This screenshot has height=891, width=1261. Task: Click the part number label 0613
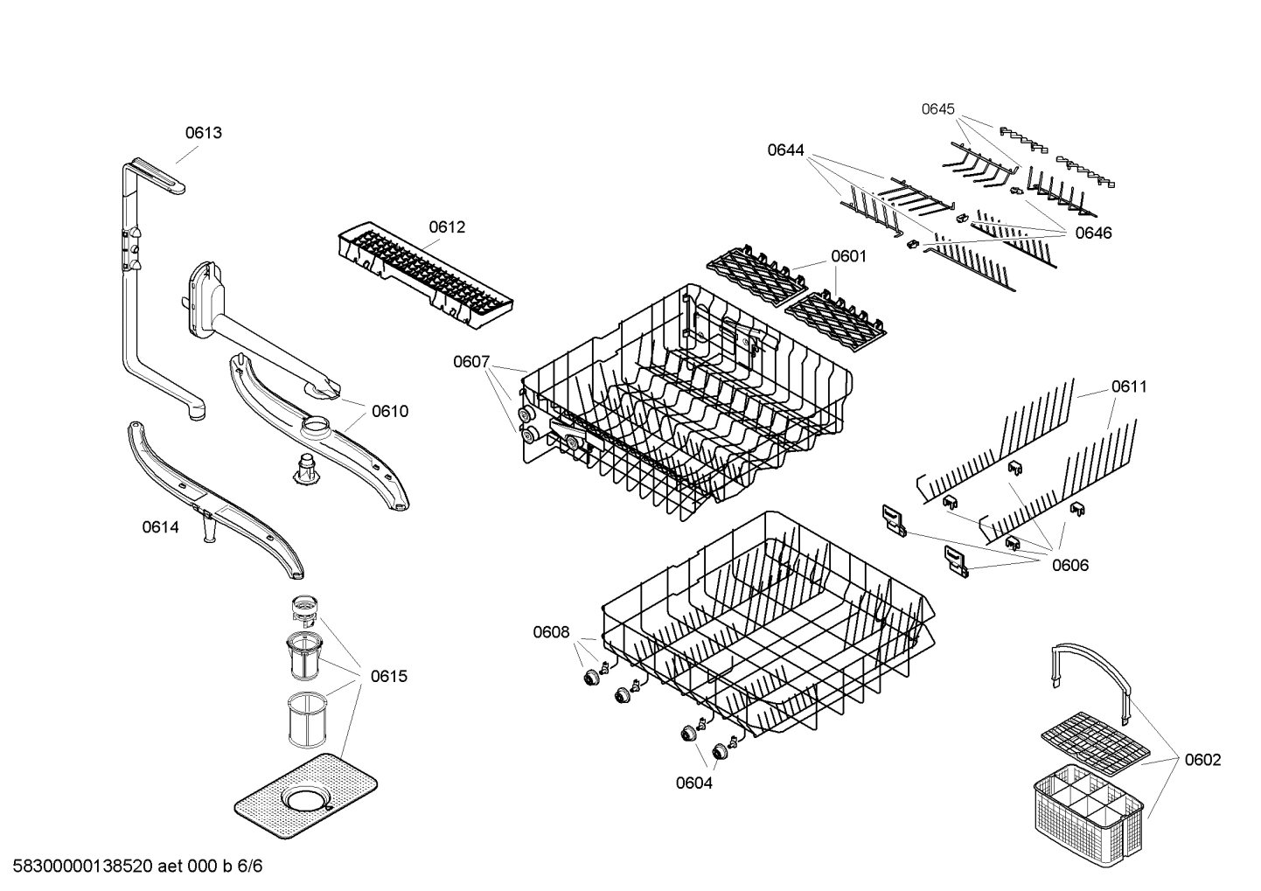tap(203, 133)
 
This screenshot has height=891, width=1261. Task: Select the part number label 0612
tap(447, 227)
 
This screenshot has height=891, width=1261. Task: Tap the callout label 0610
tap(389, 411)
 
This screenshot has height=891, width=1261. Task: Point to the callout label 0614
tap(160, 527)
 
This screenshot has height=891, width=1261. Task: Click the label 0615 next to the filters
tap(388, 676)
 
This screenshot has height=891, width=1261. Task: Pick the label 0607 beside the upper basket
tap(471, 361)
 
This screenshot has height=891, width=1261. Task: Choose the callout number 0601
tap(848, 256)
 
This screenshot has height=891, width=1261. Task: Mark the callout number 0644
tap(785, 150)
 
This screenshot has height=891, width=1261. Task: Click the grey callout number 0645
tap(938, 109)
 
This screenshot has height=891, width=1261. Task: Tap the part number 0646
tap(1093, 233)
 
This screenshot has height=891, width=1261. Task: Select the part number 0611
tap(1129, 386)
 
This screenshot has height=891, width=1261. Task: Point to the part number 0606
tap(1070, 565)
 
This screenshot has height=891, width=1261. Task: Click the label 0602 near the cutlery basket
tap(1202, 760)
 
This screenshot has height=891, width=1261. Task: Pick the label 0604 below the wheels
tap(693, 783)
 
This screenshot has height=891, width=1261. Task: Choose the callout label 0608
tap(551, 632)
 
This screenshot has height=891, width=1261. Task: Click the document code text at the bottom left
tap(131, 867)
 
